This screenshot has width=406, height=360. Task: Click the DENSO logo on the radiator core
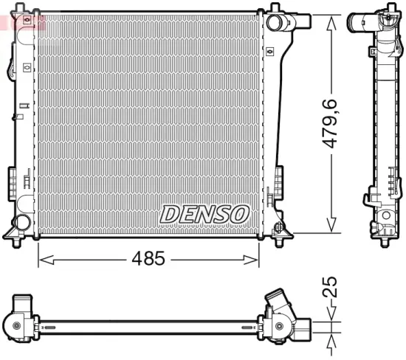205,214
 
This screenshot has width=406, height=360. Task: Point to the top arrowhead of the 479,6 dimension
332,19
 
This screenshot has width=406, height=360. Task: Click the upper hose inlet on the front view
275,23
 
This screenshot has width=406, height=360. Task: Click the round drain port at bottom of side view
384,216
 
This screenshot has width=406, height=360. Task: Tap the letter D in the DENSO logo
169,214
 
